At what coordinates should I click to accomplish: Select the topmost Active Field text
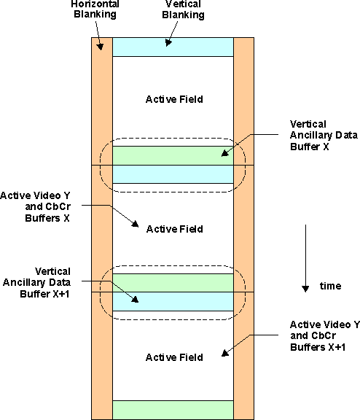174,99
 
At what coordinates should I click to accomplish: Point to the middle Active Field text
174,229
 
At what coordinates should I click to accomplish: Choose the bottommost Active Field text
174,357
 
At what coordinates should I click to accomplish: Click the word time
330,287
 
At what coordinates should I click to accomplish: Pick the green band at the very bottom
173,410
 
